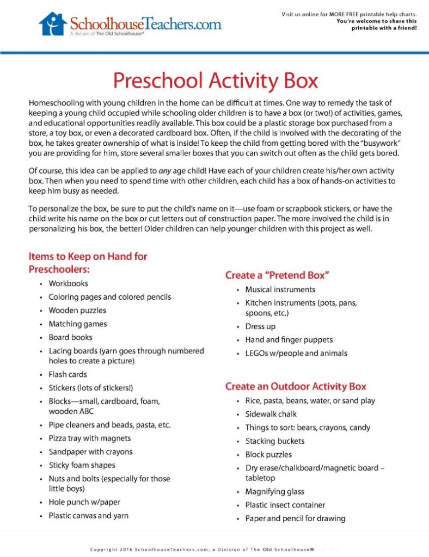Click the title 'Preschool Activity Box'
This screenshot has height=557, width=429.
coord(214,81)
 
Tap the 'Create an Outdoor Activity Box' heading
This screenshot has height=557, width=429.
coord(296,387)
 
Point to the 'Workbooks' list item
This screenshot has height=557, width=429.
coord(68,283)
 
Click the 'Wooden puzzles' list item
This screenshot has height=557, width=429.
coord(77,311)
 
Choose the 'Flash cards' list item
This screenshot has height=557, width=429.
coord(68,374)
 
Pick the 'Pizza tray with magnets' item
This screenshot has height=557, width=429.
coord(90,438)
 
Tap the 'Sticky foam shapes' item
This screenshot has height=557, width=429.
coord(82,465)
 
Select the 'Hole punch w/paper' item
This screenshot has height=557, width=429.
coord(84,502)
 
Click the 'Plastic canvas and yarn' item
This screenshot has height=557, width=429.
coord(89,516)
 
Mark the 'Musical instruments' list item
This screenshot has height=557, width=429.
coord(280,289)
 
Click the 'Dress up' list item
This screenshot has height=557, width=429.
coord(260,326)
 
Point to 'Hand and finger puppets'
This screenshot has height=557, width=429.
coord(289,340)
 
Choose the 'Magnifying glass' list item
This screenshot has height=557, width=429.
coord(274,492)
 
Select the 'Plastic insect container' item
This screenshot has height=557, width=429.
coord(285,505)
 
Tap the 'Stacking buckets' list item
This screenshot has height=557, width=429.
coord(274,441)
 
